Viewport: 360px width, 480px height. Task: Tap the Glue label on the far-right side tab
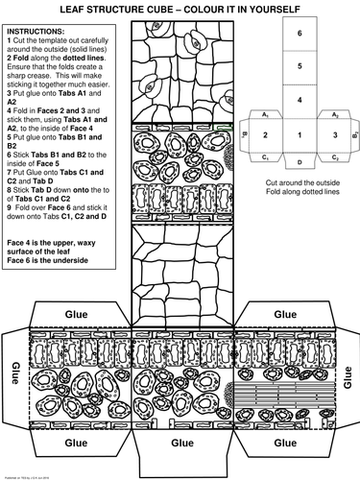coord(348,372)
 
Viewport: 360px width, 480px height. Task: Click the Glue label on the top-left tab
coord(76,313)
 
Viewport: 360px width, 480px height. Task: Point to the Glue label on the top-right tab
coord(285,313)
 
